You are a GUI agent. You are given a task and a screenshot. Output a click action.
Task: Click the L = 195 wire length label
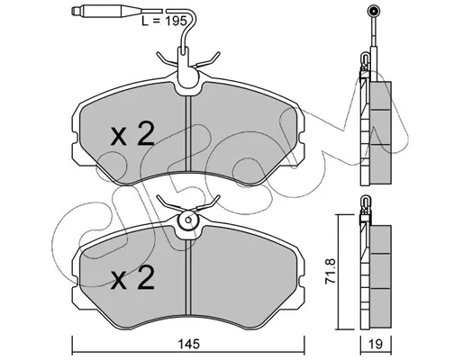coord(164,21)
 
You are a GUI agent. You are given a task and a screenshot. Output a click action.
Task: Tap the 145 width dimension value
coord(189,344)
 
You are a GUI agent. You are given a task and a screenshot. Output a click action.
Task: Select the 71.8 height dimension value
coord(331,271)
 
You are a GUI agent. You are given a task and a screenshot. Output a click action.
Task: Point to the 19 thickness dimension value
coord(376,344)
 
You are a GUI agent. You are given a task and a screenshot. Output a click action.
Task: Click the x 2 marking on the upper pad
coord(132,134)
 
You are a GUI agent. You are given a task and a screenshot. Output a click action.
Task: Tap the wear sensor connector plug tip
coord(74,11)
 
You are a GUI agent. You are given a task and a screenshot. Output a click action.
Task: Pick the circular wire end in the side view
coord(374,12)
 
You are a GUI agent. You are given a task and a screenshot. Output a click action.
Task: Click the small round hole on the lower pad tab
coord(188,220)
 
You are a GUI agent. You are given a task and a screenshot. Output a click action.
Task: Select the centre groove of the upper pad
coord(188,133)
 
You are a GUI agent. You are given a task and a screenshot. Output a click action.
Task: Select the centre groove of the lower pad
coord(188,276)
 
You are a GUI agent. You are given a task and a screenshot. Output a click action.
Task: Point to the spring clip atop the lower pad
coord(188,204)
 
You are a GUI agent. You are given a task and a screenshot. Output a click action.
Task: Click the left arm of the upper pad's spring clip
coord(168,59)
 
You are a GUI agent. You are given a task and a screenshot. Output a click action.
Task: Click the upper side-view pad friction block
coord(381,132)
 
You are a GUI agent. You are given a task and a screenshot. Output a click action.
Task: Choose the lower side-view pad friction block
coord(381,276)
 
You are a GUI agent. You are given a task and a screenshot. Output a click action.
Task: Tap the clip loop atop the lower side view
coord(366,201)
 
